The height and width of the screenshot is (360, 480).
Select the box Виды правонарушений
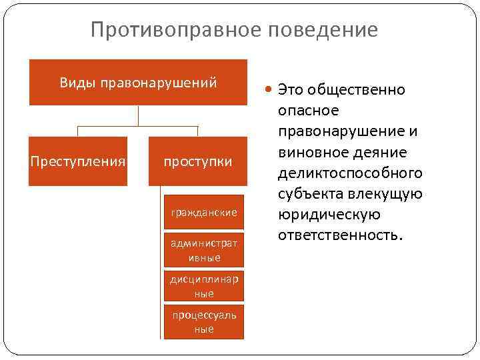click(138, 83)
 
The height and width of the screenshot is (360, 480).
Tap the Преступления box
click(78, 161)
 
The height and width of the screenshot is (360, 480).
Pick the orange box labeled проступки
click(199, 161)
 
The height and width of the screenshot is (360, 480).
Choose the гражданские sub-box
click(204, 212)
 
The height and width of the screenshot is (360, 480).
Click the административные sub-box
click(204, 250)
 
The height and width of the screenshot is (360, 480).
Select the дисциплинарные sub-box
click(204, 287)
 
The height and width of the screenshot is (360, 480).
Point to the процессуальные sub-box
click(204, 323)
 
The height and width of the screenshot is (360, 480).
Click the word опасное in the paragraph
click(309, 110)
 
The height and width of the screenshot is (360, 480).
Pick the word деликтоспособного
click(350, 173)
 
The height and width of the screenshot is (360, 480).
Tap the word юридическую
click(329, 215)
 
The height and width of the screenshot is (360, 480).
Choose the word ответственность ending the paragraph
click(339, 236)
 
